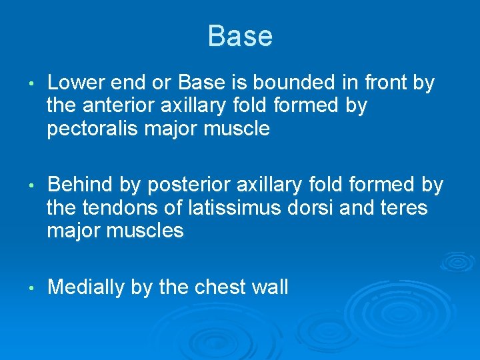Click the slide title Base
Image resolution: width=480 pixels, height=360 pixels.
pyautogui.click(x=239, y=36)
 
